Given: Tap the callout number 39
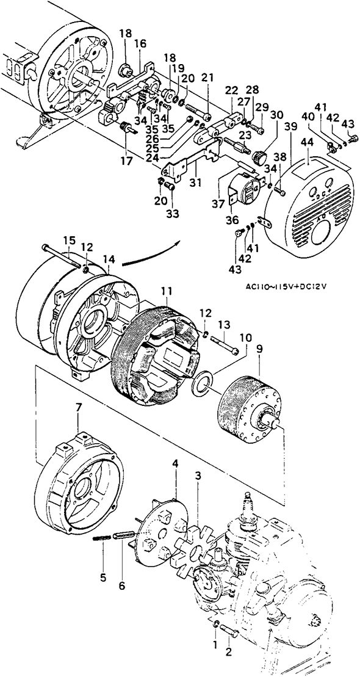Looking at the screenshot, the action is pos(291,126).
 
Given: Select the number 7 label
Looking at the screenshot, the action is pos(78,420).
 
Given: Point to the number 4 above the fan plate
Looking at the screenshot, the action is pos(175,463).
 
